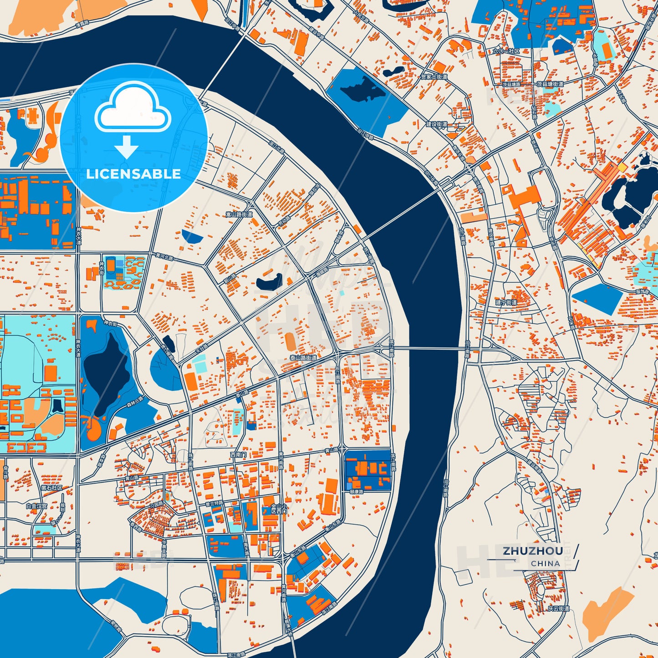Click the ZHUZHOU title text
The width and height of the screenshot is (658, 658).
[533, 551]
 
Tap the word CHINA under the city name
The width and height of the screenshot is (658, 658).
[545, 563]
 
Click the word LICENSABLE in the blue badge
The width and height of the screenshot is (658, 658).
[133, 174]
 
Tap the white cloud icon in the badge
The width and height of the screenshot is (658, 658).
[133, 109]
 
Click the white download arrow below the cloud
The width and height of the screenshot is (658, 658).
[126, 147]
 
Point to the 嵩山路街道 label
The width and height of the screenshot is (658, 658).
[239, 214]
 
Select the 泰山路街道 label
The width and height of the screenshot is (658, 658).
[303, 358]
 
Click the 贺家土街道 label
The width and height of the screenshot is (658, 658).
[434, 77]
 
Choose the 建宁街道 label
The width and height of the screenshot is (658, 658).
[506, 302]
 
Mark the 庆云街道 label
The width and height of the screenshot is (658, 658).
[558, 608]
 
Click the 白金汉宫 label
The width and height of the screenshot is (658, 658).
[36, 506]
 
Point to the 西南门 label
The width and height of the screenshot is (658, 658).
[238, 454]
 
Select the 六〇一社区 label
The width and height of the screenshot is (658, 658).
[505, 51]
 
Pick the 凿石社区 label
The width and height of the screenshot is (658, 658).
[51, 488]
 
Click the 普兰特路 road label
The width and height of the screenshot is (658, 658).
[214, 503]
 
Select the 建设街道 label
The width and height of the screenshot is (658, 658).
[436, 124]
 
